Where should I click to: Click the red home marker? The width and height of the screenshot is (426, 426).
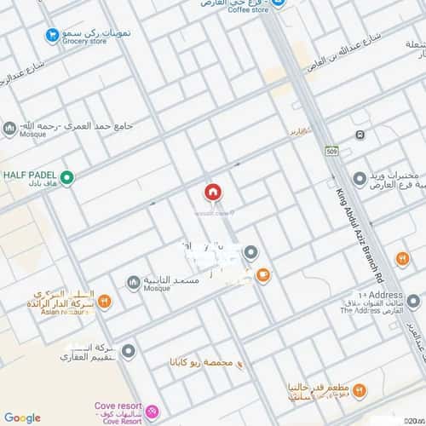(212, 193)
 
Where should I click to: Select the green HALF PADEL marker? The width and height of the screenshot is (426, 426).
(67, 178)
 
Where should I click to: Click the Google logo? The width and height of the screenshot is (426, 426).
(22, 417)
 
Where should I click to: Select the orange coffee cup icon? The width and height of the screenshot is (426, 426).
(263, 274)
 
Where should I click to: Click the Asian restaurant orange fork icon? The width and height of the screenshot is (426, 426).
(104, 301)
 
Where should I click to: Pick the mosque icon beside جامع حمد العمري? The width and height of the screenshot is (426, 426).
(9, 128)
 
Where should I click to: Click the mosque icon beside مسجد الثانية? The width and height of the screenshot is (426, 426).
(133, 282)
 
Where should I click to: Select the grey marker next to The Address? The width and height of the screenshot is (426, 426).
(354, 301)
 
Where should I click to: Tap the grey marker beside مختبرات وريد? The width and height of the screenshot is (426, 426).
(360, 179)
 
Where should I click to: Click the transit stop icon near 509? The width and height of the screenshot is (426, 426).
(360, 135)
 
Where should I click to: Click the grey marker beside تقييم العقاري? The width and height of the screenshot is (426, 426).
(128, 350)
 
